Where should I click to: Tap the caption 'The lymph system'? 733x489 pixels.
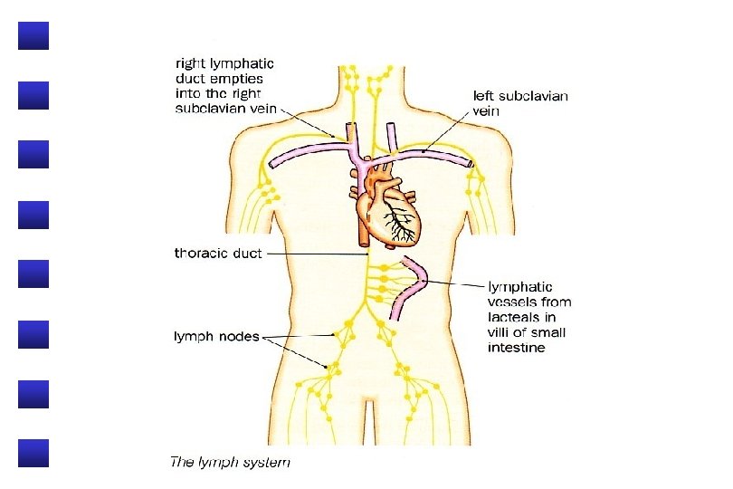tap(231, 463)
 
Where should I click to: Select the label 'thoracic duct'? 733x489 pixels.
tap(218, 254)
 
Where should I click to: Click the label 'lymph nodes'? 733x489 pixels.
tap(216, 336)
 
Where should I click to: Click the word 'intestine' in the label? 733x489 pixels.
tap(517, 348)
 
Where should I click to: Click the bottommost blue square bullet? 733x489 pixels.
tap(33, 453)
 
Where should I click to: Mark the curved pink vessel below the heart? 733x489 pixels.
tap(413, 286)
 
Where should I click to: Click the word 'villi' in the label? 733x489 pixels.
tap(501, 332)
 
